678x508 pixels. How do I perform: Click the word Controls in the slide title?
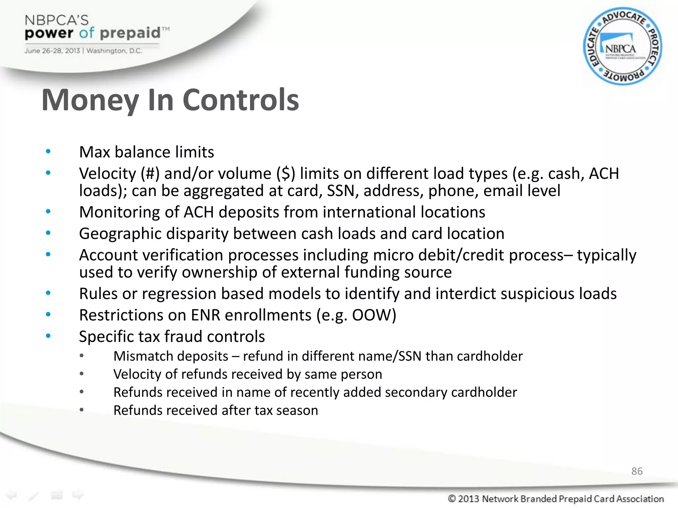(241, 100)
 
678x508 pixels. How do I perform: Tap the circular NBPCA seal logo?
(622, 47)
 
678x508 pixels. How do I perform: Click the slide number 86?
(637, 471)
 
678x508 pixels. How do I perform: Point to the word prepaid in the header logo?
(130, 33)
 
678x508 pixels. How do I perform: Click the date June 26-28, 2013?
(52, 51)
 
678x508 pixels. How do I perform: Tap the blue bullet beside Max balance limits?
(48, 152)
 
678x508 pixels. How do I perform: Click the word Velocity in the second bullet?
(108, 174)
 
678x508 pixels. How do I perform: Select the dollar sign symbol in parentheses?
(286, 174)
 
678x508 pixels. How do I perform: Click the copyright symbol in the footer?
(452, 498)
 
